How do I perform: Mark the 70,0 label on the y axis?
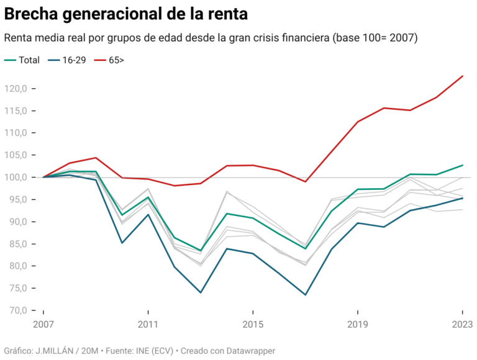tap(17, 310)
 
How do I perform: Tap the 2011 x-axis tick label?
tap(148, 325)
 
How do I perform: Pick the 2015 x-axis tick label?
tap(253, 325)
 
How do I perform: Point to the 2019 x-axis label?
tap(358, 325)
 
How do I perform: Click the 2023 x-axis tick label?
tap(461, 325)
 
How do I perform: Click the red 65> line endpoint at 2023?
tap(463, 76)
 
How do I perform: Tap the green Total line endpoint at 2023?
tap(463, 165)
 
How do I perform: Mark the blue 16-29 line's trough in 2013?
tap(201, 292)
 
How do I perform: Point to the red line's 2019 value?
tap(358, 122)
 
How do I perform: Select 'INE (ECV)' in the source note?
tap(148, 350)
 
